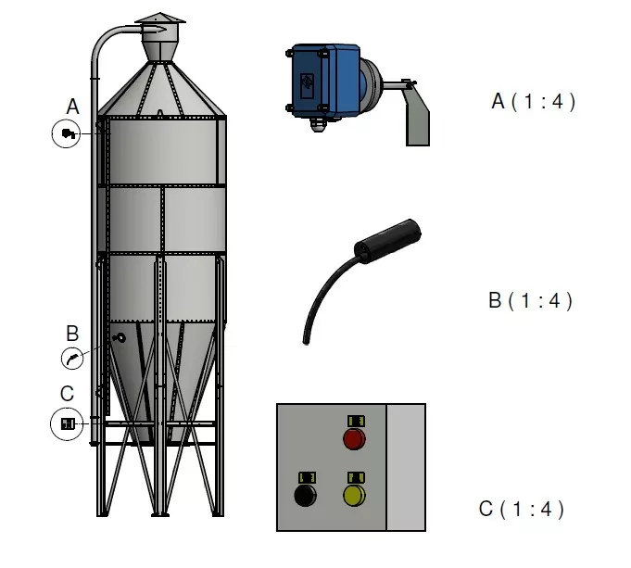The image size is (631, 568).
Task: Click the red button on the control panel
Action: pos(354,438)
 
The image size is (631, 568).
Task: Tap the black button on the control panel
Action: pos(305,495)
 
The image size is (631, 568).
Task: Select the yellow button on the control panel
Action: pos(354,495)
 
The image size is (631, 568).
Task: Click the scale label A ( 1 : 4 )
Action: pos(533,102)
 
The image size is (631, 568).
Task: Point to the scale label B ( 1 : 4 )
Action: pos(530,301)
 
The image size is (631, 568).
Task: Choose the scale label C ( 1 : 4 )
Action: pos(521,509)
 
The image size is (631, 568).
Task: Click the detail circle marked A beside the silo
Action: pos(67,133)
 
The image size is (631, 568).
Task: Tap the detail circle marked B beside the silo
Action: pos(71,358)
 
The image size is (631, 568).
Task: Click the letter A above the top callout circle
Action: pos(72,107)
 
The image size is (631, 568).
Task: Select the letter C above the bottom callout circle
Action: pos(67,394)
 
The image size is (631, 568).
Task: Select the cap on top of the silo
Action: pos(159,20)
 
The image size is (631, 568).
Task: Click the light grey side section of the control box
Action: pos(405,467)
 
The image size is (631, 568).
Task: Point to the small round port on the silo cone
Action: pos(120,338)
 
